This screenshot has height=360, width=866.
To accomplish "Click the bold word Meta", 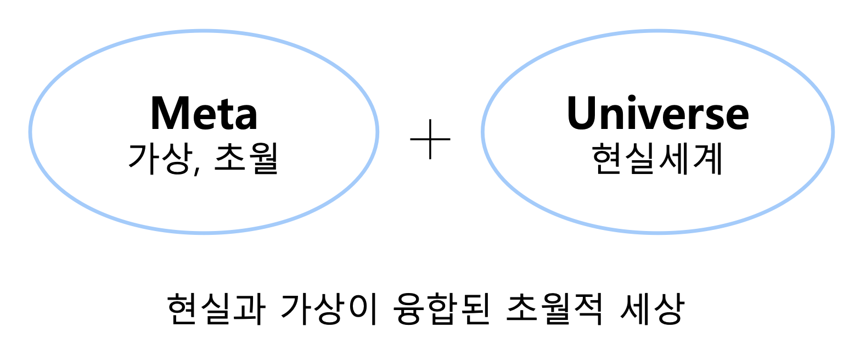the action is click(x=204, y=114).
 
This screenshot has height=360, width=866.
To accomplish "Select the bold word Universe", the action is click(x=657, y=114).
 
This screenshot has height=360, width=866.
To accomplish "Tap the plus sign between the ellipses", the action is click(x=430, y=139).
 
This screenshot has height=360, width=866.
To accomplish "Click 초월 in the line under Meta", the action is click(x=246, y=159).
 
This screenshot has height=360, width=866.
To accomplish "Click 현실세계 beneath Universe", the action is click(x=657, y=159).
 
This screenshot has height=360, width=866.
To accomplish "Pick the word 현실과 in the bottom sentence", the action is click(x=216, y=309).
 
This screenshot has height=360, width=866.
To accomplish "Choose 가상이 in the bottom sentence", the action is click(x=328, y=309).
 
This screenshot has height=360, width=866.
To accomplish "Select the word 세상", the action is click(x=651, y=309).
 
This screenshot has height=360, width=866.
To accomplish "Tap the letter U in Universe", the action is click(x=583, y=114).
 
